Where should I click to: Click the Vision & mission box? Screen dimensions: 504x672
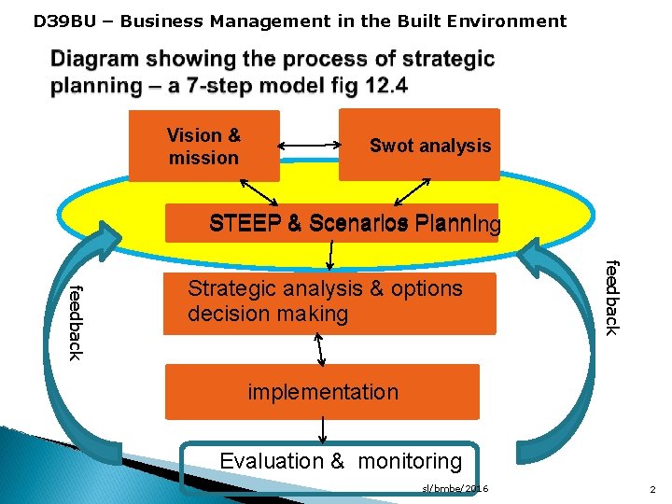[203, 146]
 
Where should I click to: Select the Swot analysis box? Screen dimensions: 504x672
[419, 145]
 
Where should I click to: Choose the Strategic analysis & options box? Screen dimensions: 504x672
[329, 302]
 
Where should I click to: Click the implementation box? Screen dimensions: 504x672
[322, 392]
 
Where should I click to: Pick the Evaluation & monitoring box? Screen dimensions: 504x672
[329, 461]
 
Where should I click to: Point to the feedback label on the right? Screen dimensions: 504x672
[611, 297]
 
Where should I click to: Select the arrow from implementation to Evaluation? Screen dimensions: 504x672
[323, 430]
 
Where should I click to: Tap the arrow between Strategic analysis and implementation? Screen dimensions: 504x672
[320, 349]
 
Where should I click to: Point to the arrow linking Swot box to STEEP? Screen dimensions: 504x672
[412, 191]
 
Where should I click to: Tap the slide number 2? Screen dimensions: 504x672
[651, 488]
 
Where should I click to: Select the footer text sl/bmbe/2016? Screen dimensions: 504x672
[455, 488]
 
